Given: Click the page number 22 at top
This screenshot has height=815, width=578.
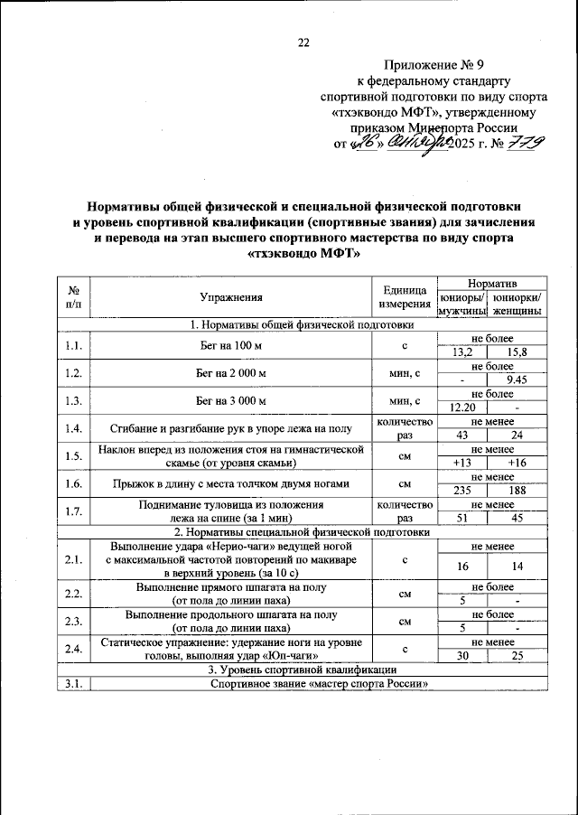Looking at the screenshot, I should coord(303,42).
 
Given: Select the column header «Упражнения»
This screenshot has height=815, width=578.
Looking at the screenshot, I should coord(231,296).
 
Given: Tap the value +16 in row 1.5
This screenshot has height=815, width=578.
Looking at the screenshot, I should coord(517,463).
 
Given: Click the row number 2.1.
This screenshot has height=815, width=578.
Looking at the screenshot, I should coord(74,560).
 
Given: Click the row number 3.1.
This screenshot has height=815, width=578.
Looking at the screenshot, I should coord(74,683).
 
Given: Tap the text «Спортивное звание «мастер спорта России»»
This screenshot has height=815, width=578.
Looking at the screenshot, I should coord(318,683).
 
